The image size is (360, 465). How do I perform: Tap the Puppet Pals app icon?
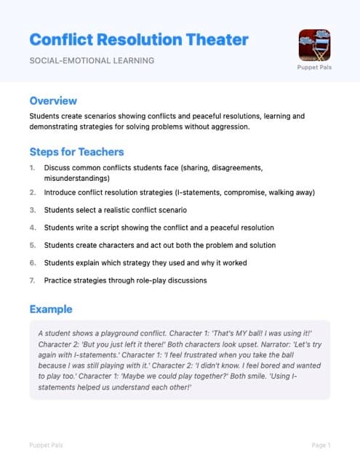pos(314,44)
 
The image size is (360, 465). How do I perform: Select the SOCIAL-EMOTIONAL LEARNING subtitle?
pos(92,60)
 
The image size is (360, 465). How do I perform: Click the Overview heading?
pos(53,101)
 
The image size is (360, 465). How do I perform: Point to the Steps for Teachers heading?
pos(76,152)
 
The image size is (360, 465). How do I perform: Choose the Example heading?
pos(50,309)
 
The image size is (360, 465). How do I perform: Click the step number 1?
pos(32,168)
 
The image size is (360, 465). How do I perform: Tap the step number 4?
pos(32,227)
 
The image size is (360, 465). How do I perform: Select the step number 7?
pos(32,280)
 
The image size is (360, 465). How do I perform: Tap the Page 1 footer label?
pos(321,445)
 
